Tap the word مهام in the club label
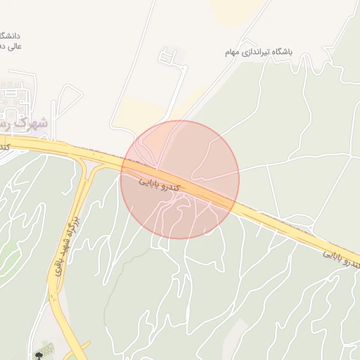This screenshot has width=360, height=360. coord(233,53)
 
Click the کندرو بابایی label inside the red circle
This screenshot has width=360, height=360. coord(159,184)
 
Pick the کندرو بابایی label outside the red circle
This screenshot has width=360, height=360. coord(342,259)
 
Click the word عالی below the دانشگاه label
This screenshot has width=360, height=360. coord(13,46)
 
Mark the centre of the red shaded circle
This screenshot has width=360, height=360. coord(180,179)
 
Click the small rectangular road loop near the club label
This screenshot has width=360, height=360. coord(167,56)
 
